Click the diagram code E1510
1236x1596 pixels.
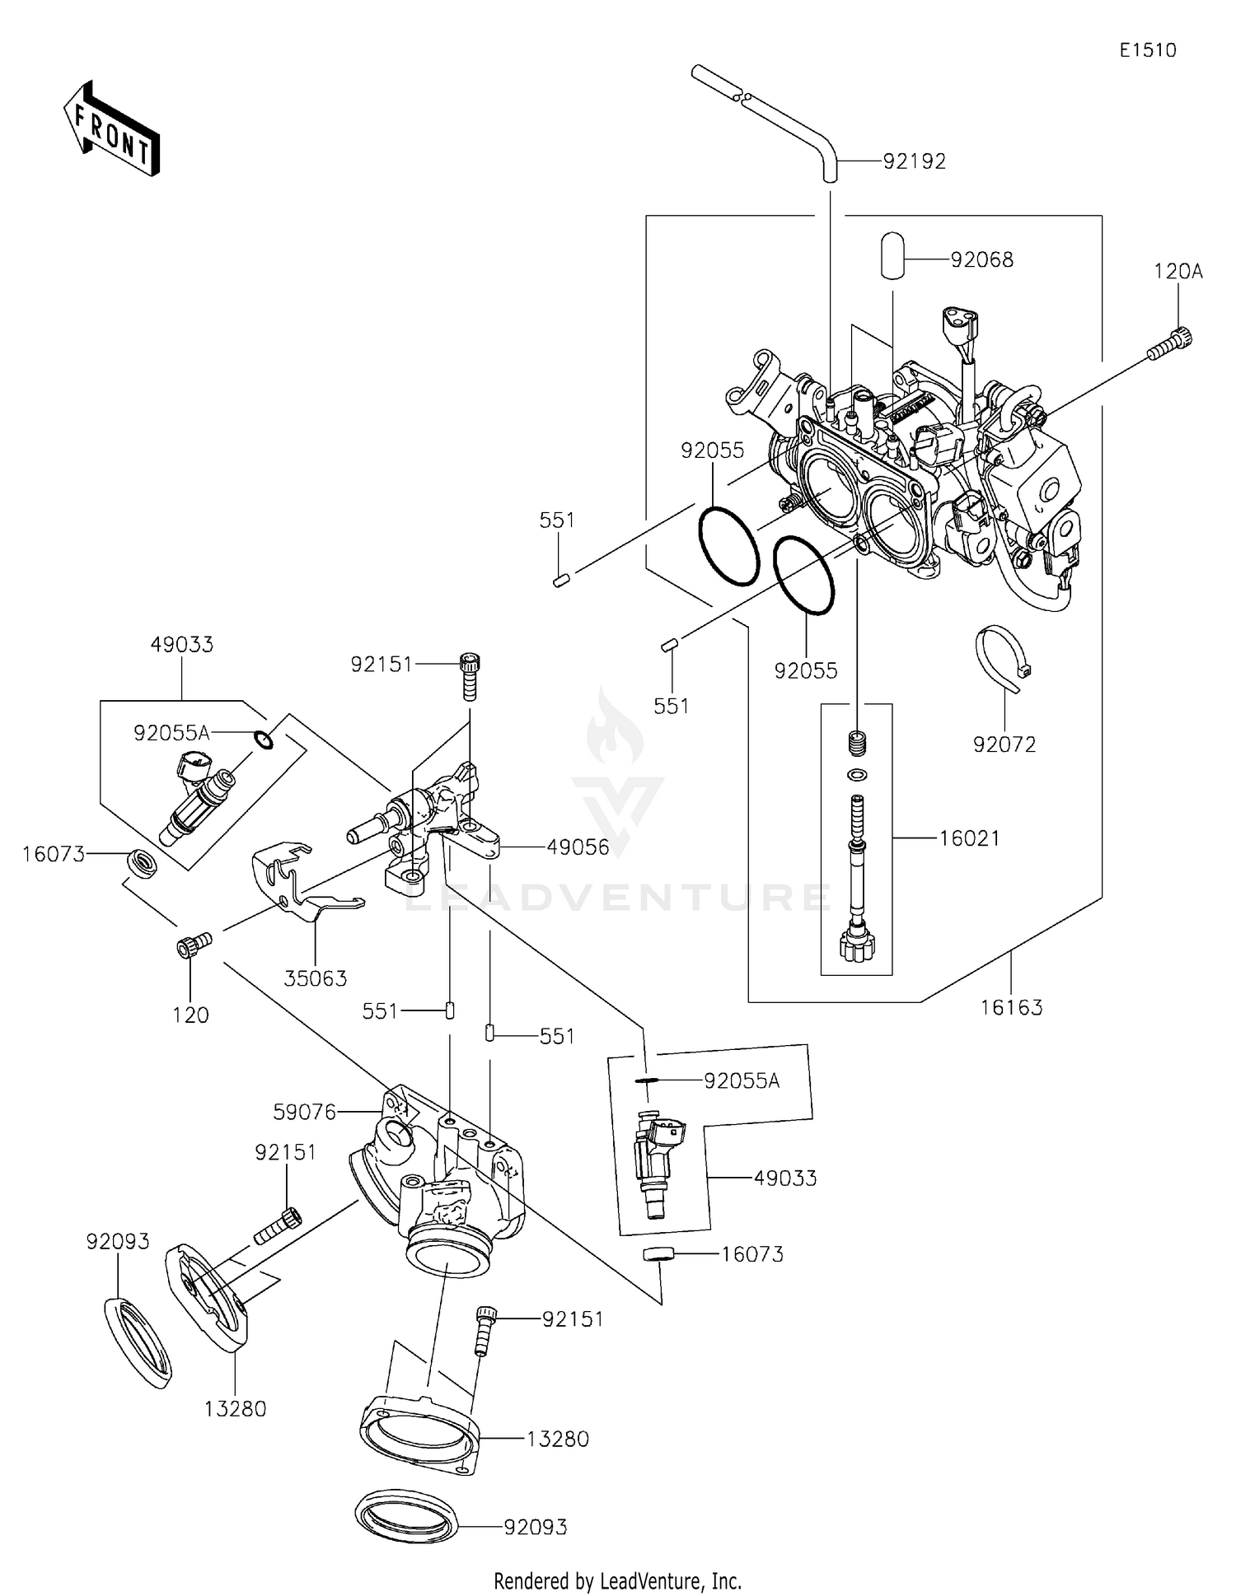pos(1147,50)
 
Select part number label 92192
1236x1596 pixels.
pos(915,161)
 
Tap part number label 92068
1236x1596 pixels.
pos(981,260)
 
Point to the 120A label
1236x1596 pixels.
pos(1177,272)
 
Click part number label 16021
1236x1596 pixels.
pos(970,838)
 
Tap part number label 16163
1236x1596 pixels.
pos(1011,1007)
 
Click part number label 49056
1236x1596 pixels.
pos(578,847)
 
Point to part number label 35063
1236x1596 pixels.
pos(316,978)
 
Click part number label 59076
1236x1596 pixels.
pos(305,1113)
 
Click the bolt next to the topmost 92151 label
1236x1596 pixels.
pos(470,676)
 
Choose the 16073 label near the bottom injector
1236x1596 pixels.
pos(752,1254)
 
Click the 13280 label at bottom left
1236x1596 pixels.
pos(236,1409)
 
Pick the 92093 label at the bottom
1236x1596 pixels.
pos(536,1528)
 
